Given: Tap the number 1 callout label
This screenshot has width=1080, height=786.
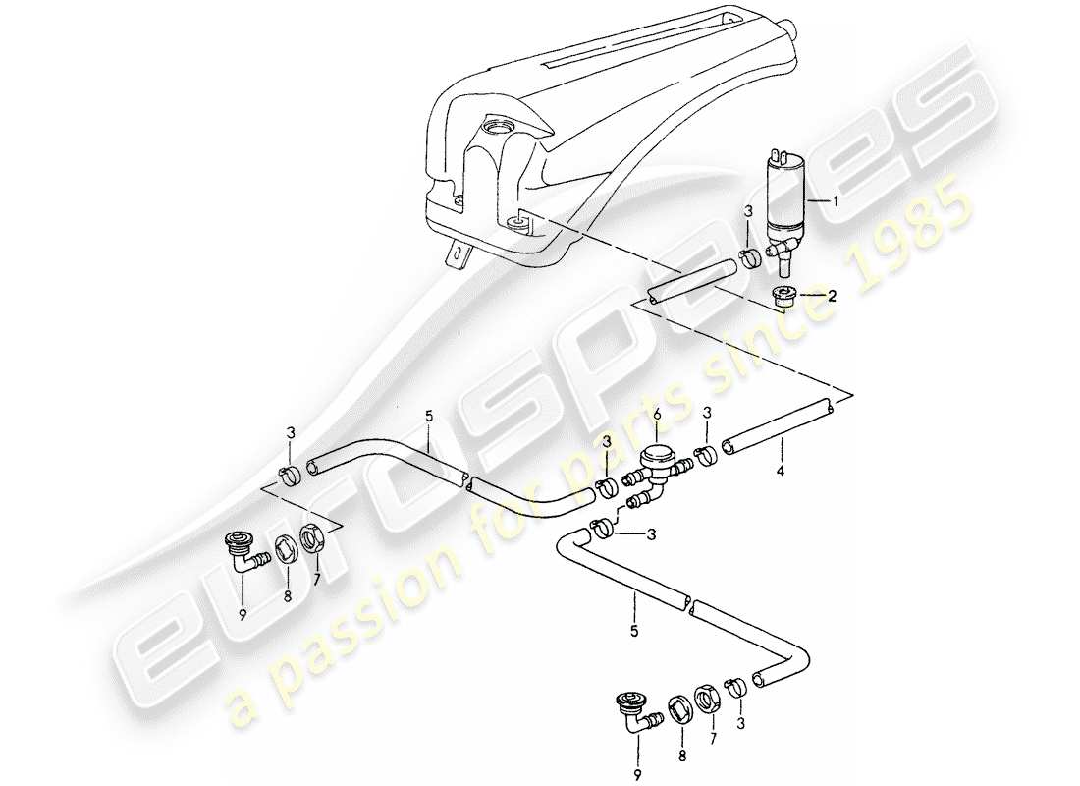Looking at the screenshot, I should [x=836, y=201].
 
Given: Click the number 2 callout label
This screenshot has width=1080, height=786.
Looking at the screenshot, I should [x=832, y=294].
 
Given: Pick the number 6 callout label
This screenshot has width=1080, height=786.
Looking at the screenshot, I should [x=656, y=417].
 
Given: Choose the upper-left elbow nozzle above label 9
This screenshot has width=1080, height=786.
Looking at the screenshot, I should [x=242, y=549].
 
